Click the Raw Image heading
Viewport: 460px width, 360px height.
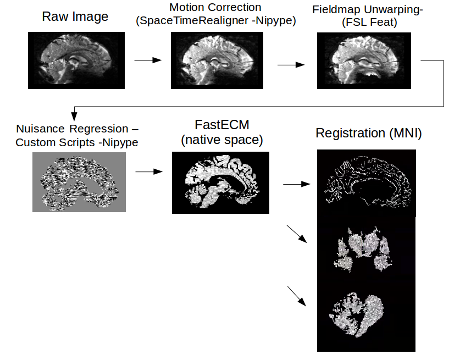coord(75,16)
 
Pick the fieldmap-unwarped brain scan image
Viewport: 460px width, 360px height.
coord(364,60)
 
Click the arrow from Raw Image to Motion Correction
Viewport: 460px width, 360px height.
coord(148,60)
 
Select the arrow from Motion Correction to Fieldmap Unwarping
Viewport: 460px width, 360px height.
coord(291,65)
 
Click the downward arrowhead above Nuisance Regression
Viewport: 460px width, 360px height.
coord(74,116)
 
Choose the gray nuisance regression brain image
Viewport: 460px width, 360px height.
coord(80,182)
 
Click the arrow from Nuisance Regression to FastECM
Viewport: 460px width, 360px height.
coord(149,172)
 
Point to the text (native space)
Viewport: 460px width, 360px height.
coord(221,140)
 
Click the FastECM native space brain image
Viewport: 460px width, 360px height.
coord(221,182)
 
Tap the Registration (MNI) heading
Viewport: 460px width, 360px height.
coord(369,134)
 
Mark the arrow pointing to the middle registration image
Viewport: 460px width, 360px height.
coord(297,233)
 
